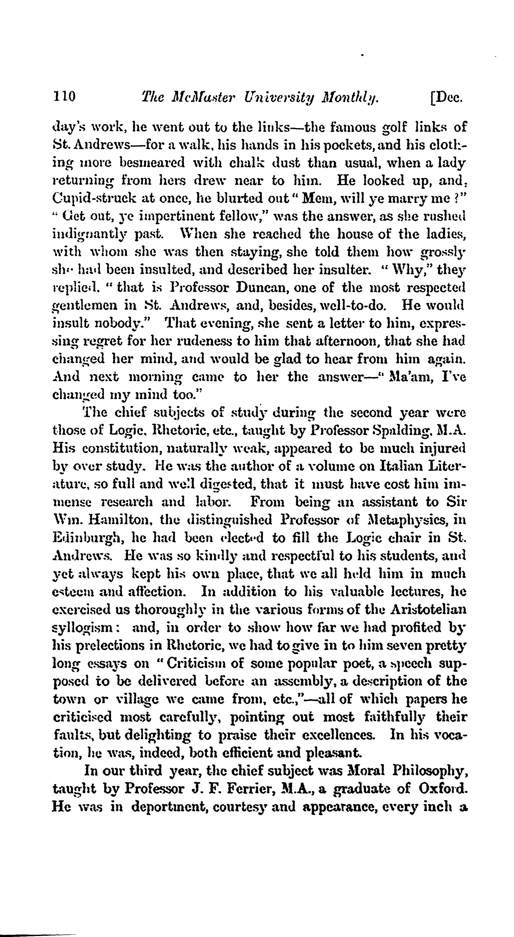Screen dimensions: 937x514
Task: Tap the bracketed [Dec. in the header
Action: [x=446, y=97]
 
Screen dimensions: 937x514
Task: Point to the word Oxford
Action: [x=443, y=789]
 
